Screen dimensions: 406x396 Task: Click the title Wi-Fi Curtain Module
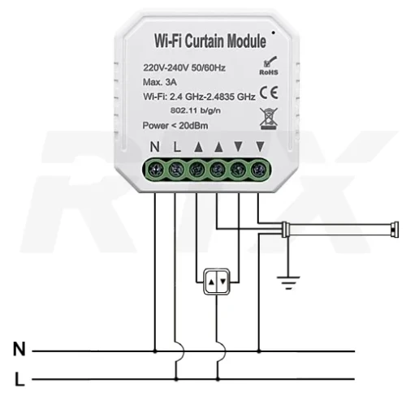[210, 41]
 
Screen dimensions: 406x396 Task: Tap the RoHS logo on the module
[269, 66]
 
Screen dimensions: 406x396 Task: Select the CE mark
[269, 93]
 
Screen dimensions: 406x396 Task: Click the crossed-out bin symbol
[269, 118]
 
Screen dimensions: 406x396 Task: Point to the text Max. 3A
[160, 82]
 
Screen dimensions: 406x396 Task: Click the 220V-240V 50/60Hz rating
[184, 67]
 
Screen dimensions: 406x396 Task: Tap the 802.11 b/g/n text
[196, 110]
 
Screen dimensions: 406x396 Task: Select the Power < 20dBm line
[175, 126]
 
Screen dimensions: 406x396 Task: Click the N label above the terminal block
[155, 147]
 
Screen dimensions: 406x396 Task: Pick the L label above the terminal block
[177, 147]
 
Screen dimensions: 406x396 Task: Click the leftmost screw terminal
[156, 170]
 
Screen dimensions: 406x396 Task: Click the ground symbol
[288, 282]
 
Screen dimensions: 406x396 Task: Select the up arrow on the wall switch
[211, 282]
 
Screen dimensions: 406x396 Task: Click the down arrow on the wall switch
[223, 282]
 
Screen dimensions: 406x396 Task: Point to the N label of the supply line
[19, 349]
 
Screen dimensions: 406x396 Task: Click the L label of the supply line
[19, 379]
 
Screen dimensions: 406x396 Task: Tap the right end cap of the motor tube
[395, 230]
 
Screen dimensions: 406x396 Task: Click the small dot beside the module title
[274, 32]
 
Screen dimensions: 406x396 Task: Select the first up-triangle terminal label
[198, 147]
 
